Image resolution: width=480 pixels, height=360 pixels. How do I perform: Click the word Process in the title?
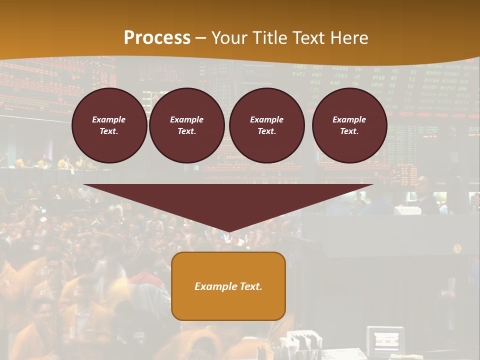pyautogui.click(x=157, y=38)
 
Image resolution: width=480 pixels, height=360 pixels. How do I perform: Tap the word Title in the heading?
pyautogui.click(x=270, y=38)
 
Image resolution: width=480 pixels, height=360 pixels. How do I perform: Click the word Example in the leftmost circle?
pyautogui.click(x=109, y=119)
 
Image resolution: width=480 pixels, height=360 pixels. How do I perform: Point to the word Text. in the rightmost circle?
pyautogui.click(x=349, y=131)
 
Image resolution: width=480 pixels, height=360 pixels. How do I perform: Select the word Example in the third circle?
pyautogui.click(x=266, y=119)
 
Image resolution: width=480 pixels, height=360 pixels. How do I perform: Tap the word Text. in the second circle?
pyautogui.click(x=186, y=131)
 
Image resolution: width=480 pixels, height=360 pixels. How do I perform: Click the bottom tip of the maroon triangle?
pyautogui.click(x=229, y=231)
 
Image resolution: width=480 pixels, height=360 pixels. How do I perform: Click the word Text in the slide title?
pyautogui.click(x=309, y=38)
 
